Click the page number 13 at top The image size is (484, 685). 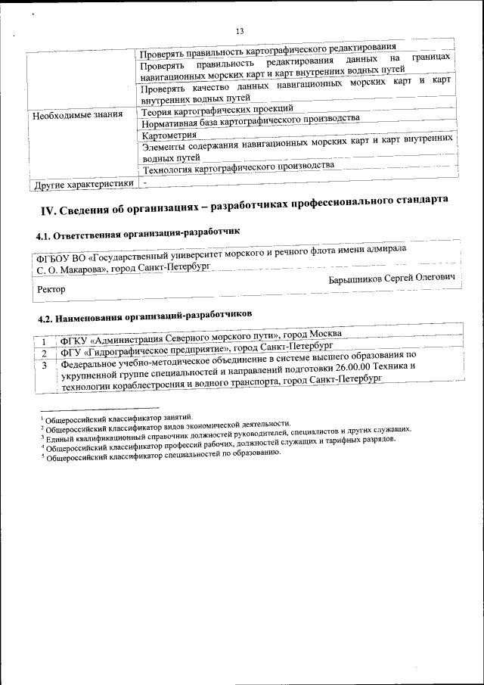tap(240, 31)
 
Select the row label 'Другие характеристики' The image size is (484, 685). tap(83, 184)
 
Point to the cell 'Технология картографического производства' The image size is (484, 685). tap(237, 167)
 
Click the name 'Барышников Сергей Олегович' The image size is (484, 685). tap(393, 279)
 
